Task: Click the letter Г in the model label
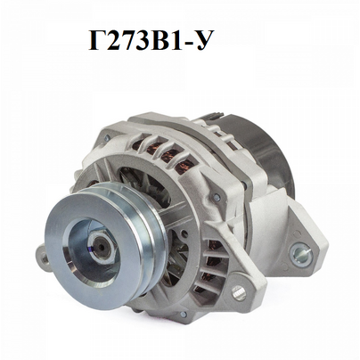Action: pos(98,42)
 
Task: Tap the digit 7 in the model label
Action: pos(127,42)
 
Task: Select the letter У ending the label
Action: pos(203,42)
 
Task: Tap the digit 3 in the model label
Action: pos(142,42)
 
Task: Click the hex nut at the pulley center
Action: pos(99,246)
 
